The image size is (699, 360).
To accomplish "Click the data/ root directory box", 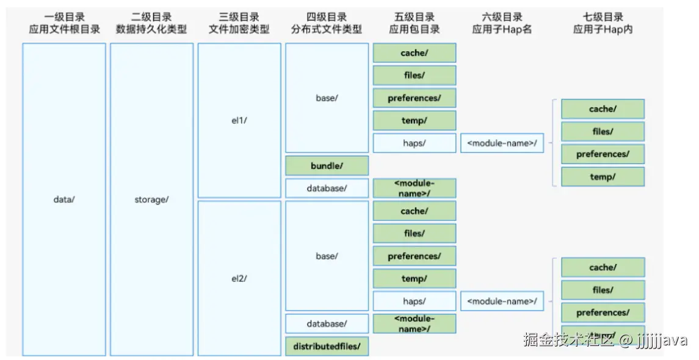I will (x=64, y=200).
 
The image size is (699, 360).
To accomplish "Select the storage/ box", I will (x=151, y=200).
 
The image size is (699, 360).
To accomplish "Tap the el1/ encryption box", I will (x=239, y=120).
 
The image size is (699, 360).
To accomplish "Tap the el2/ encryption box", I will (x=239, y=278).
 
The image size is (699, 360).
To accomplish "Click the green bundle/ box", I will (x=327, y=166).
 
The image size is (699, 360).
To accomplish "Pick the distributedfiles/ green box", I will (x=327, y=347).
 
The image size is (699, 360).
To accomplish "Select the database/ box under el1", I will (x=327, y=189).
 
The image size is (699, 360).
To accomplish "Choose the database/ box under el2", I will (x=327, y=324).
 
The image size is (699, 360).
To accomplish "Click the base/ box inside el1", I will (x=327, y=98).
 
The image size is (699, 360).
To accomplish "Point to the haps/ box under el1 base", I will (x=415, y=143).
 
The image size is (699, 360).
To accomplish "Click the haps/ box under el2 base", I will (x=415, y=301).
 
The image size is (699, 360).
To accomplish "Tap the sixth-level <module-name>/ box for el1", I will (x=502, y=143).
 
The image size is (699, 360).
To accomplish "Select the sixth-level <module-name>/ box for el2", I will (x=502, y=301).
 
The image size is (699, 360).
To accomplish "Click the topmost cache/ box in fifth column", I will (x=415, y=53).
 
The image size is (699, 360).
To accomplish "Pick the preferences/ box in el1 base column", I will (x=415, y=98).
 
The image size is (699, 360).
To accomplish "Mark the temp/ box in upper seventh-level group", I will (x=603, y=177).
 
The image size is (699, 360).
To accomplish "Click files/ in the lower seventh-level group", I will (x=603, y=290).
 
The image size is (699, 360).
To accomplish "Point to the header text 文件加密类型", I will (x=239, y=29).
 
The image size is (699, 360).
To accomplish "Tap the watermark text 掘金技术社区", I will (x=568, y=339).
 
